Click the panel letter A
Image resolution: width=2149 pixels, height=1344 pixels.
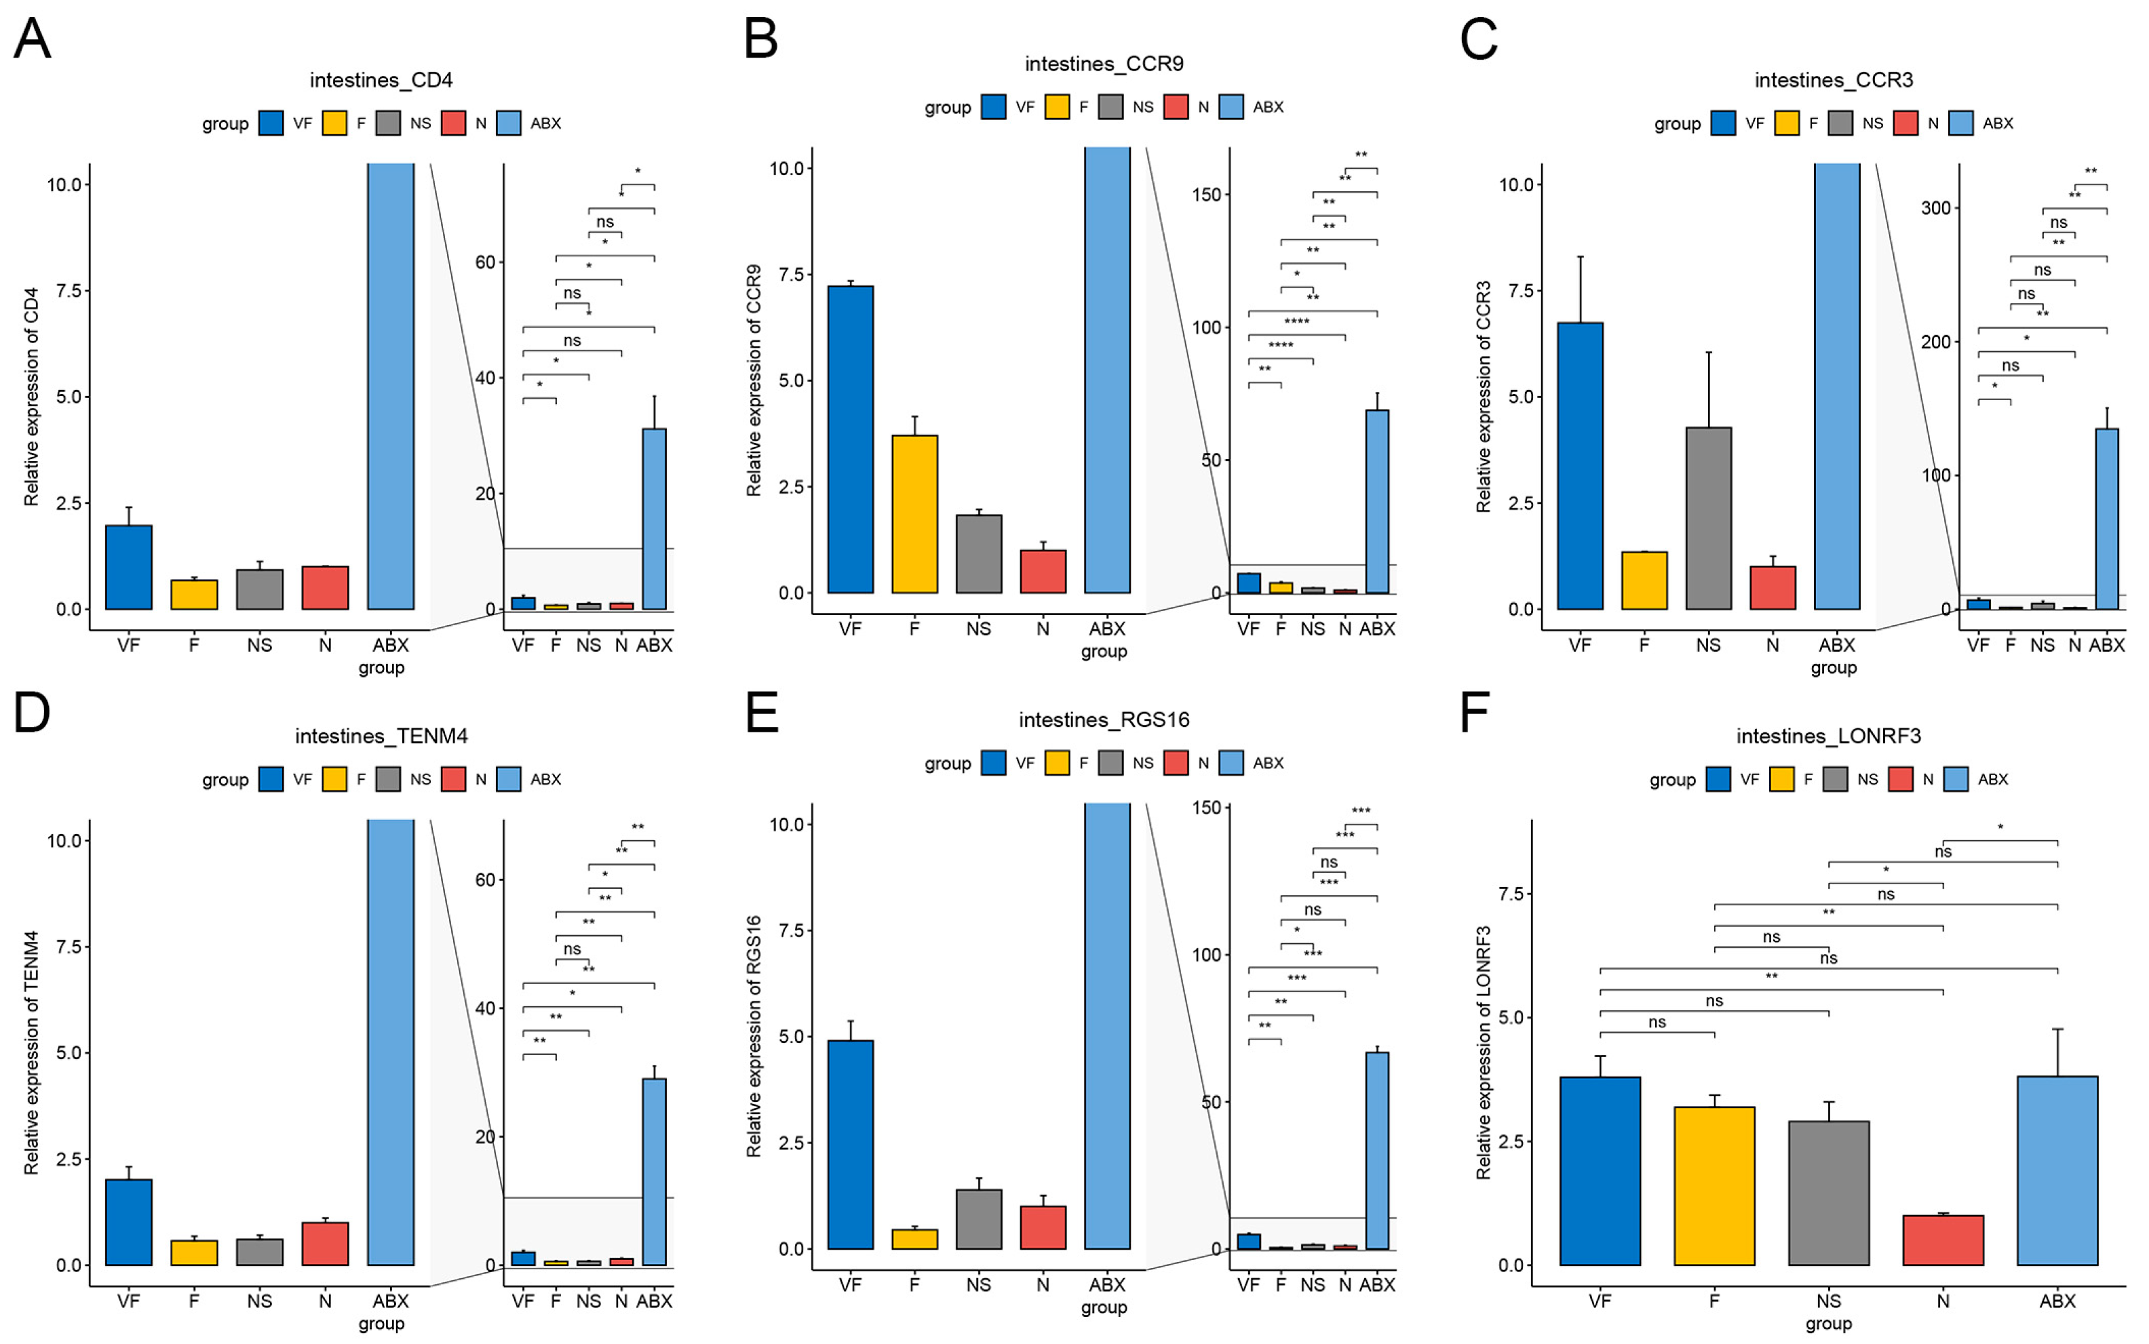[x=32, y=40]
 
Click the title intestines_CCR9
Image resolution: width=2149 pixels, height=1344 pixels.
[x=1104, y=64]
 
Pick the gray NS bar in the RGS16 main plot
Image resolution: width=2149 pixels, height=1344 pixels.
[x=978, y=1219]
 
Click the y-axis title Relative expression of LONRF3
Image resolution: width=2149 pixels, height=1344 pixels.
[x=1483, y=1052]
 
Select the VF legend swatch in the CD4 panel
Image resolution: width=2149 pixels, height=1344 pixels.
[x=271, y=123]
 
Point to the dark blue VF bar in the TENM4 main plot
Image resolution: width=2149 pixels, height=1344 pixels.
[x=129, y=1221]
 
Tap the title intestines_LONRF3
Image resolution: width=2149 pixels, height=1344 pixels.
[x=1828, y=736]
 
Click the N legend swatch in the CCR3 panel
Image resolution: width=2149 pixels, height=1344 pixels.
[x=1905, y=123]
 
